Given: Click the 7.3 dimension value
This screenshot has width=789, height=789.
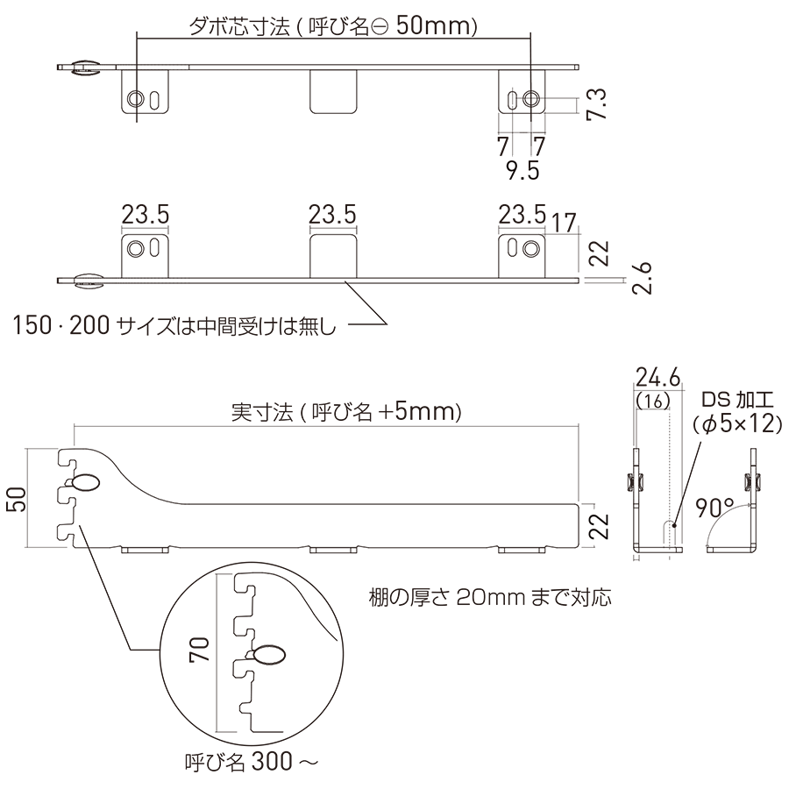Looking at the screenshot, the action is (x=597, y=104).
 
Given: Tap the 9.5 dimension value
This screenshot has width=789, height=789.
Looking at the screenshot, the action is (x=522, y=171).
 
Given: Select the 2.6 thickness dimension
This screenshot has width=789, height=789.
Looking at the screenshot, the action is (x=643, y=278).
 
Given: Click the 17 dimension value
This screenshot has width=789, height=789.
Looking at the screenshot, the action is (x=564, y=223).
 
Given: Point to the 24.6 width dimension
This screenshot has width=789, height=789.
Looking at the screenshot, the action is (x=657, y=377).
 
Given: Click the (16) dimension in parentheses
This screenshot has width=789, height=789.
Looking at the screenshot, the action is (x=653, y=401).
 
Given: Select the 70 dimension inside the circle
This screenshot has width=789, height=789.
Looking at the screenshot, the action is (x=199, y=649).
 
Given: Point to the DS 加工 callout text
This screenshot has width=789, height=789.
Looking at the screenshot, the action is (x=737, y=400).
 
